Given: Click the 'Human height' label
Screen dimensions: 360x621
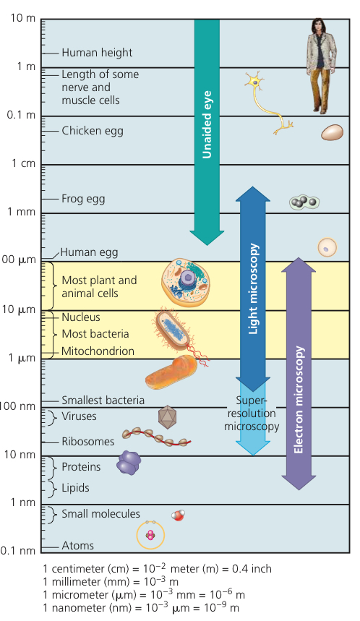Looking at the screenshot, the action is (97, 53).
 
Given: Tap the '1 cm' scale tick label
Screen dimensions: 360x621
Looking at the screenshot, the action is (23, 163).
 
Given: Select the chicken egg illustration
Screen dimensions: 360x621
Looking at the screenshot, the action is (332, 132).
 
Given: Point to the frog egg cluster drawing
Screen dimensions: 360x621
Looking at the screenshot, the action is (304, 202).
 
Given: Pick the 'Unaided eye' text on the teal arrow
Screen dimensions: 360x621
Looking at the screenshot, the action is (207, 125).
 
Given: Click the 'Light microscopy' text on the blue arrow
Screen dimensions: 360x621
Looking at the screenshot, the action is (254, 288).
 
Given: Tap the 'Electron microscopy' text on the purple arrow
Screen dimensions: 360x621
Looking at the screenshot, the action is (299, 400).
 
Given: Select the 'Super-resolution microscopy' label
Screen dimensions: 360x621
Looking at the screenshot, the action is (252, 414).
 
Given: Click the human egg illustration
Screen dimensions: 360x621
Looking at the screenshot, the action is (327, 247).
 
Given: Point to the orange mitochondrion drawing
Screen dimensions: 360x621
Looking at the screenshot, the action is (171, 373).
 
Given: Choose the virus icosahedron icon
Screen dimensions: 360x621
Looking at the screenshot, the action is (167, 417).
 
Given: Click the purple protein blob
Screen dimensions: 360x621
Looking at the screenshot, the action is (129, 463).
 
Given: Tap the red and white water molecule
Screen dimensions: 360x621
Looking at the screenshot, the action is (178, 515).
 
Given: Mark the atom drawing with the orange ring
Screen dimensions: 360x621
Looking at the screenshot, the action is (150, 535).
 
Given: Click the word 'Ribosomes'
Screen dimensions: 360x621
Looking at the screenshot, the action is (88, 442).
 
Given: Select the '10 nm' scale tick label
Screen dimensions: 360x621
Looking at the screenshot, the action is (20, 454).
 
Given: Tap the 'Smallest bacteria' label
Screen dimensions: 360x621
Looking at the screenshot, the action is (103, 401).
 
